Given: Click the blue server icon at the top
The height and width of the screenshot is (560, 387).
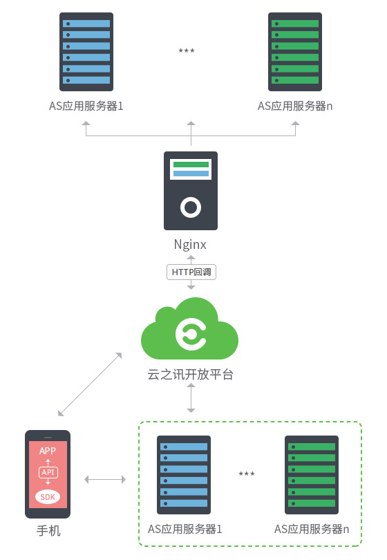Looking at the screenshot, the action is pyautogui.click(x=86, y=52).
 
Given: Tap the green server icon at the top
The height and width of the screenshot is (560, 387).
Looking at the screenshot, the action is pyautogui.click(x=295, y=52).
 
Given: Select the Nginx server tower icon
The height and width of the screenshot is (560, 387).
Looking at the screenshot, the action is pyautogui.click(x=191, y=191).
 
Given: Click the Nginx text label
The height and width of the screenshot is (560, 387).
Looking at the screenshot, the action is pyautogui.click(x=190, y=245).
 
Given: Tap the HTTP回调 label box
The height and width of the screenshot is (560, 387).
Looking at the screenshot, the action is pyautogui.click(x=191, y=272).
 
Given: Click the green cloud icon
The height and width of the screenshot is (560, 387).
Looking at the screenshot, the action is pyautogui.click(x=189, y=328).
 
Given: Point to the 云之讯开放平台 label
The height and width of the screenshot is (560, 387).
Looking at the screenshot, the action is pyautogui.click(x=190, y=374).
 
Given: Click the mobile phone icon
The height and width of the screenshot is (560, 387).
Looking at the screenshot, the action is pyautogui.click(x=48, y=474).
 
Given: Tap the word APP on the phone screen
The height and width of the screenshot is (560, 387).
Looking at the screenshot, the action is pyautogui.click(x=48, y=451).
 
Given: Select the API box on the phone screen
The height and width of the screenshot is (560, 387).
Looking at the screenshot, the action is pyautogui.click(x=48, y=472).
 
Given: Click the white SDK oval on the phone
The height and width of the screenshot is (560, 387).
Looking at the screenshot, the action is pyautogui.click(x=48, y=497).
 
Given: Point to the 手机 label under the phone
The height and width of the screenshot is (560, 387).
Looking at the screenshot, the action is pyautogui.click(x=48, y=531).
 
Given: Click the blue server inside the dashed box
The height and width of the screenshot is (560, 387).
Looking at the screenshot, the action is pyautogui.click(x=184, y=475).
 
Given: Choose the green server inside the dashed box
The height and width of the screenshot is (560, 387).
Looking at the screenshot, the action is pyautogui.click(x=311, y=475).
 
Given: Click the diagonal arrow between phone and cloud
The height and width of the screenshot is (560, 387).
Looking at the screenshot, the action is pyautogui.click(x=90, y=384).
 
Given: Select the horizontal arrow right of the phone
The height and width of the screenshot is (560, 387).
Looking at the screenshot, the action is pyautogui.click(x=105, y=479).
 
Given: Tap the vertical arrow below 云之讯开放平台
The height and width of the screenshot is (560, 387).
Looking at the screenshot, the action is pyautogui.click(x=191, y=398).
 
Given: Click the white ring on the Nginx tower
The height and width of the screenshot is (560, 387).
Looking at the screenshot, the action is pyautogui.click(x=191, y=207).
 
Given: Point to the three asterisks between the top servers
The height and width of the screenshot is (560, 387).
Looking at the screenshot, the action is pyautogui.click(x=187, y=50).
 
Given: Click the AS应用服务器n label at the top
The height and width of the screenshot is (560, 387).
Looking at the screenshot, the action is pyautogui.click(x=295, y=106).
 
